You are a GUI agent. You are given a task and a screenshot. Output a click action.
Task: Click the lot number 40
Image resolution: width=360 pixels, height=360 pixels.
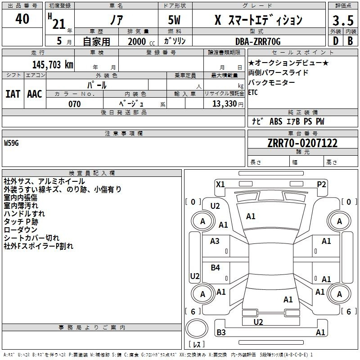click(x=22, y=19)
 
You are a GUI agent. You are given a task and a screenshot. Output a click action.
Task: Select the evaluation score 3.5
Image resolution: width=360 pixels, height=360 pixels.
click(x=343, y=21)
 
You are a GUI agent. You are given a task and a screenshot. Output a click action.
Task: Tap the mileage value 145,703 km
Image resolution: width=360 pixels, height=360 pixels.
click(x=53, y=65)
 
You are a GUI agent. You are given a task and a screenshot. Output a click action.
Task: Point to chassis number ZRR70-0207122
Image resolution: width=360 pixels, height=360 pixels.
click(x=302, y=144)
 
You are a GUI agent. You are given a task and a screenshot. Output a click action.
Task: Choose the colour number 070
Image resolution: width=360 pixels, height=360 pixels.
click(x=75, y=104)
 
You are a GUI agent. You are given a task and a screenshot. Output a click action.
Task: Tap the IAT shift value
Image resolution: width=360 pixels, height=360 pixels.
click(x=13, y=94)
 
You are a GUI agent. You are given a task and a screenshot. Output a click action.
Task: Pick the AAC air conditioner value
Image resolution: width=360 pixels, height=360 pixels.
click(x=35, y=94)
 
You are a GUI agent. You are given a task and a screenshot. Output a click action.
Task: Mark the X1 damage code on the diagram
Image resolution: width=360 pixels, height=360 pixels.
click(x=220, y=184)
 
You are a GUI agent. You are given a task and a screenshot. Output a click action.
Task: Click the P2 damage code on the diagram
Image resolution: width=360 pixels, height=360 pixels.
click(x=321, y=184)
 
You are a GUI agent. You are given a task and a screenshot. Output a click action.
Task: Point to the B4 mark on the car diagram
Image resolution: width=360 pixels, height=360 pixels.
click(x=216, y=268)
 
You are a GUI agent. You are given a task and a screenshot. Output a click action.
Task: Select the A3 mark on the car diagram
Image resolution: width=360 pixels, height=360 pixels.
click(x=215, y=241)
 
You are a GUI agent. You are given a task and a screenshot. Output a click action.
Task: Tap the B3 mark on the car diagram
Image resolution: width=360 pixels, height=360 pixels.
click(x=221, y=333)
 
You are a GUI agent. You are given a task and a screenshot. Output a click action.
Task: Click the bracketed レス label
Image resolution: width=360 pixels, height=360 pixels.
click(x=196, y=345)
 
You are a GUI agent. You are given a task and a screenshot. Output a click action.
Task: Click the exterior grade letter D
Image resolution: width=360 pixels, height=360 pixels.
click(x=335, y=41)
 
